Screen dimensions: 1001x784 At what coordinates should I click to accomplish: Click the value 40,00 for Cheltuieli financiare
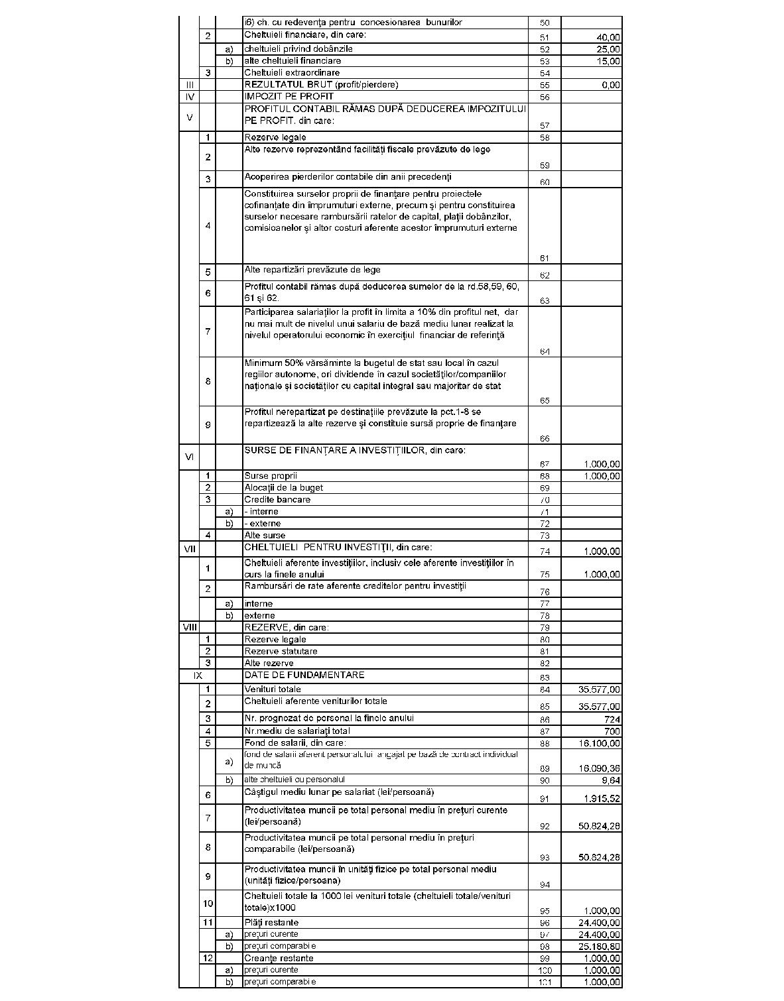click(x=608, y=37)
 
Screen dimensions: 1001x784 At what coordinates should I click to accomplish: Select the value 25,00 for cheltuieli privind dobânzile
click(x=608, y=49)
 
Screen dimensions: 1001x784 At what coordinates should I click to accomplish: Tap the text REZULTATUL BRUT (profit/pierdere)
click(x=321, y=85)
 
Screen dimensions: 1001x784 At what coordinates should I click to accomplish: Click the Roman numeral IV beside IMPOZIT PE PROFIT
click(x=190, y=97)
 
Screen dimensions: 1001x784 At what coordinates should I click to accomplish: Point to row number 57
click(x=545, y=125)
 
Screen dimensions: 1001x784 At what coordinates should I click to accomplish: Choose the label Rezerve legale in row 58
click(x=275, y=138)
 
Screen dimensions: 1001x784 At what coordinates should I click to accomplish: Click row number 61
click(x=545, y=259)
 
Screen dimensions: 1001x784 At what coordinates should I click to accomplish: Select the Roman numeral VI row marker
click(x=190, y=456)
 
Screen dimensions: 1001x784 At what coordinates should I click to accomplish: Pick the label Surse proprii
click(x=271, y=476)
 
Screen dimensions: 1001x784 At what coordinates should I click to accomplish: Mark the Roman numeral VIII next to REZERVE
click(x=190, y=627)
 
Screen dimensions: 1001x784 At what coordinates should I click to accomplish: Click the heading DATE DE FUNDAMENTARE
click(x=304, y=676)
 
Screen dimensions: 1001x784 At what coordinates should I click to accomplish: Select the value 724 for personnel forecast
click(x=612, y=719)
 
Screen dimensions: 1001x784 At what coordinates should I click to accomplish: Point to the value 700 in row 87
click(x=612, y=731)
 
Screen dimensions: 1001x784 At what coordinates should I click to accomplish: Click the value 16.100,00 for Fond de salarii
click(x=600, y=744)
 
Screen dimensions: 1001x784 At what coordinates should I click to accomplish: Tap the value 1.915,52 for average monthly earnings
click(x=602, y=799)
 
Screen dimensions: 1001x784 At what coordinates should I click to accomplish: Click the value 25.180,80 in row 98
click(x=600, y=947)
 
